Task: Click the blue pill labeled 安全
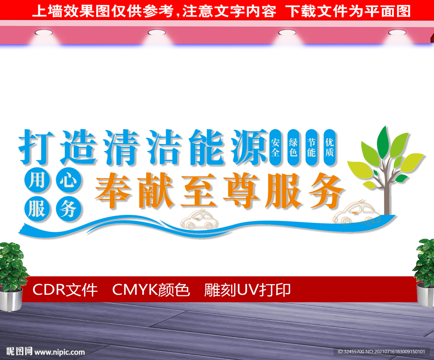(275, 147)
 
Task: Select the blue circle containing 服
(37, 208)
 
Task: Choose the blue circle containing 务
(68, 208)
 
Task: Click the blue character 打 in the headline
(36, 146)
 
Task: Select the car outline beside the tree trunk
(355, 213)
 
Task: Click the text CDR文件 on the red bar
(65, 290)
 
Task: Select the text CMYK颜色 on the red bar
(150, 290)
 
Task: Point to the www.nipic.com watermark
(59, 352)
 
